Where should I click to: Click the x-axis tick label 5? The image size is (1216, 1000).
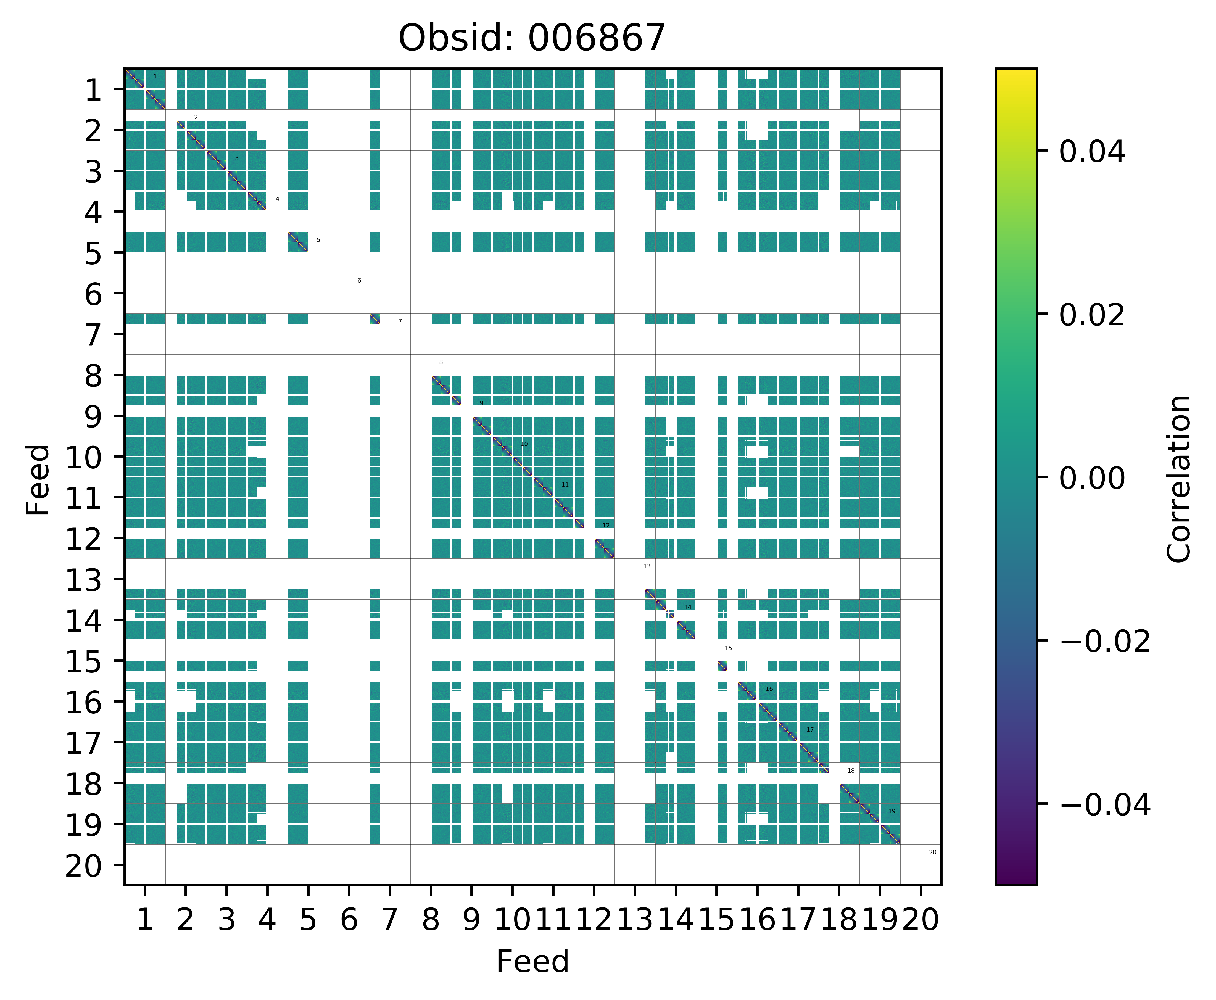pos(308,920)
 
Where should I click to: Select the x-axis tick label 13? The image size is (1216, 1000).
pos(635,920)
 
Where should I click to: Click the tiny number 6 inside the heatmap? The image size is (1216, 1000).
pos(359,281)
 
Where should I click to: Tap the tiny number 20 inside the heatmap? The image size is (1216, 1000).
pos(933,852)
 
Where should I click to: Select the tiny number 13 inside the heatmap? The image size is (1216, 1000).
pos(647,566)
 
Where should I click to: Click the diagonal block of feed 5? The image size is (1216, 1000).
pos(298,242)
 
